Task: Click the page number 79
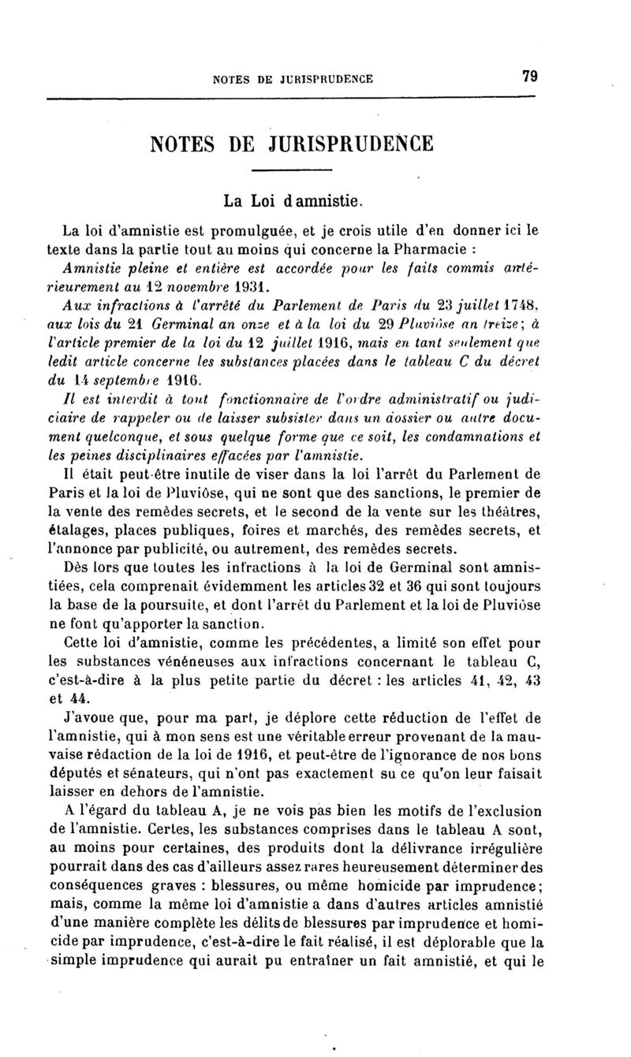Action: point(528,76)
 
